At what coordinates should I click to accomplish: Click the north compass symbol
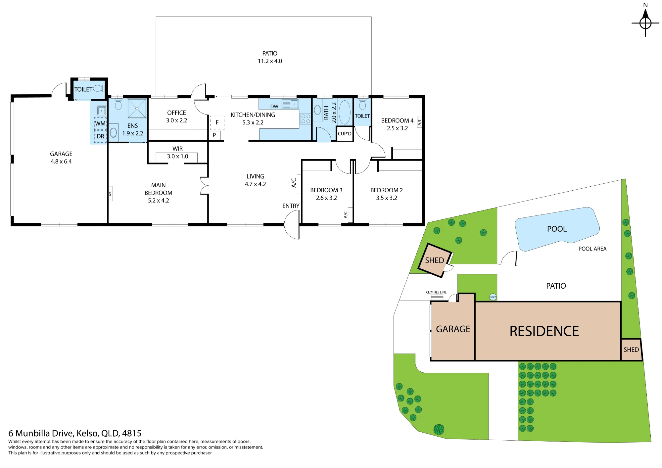pos(645,23)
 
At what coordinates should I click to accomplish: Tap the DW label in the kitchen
pos(274,107)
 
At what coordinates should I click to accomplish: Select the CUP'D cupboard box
pos(345,134)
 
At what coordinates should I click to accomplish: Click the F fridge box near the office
pos(217,122)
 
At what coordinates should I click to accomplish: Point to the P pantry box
pos(214,135)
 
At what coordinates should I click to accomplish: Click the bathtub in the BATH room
pos(345,112)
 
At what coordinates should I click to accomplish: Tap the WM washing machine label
pos(100,123)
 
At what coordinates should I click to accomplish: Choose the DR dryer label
pos(100,136)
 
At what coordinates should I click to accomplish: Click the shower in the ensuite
pos(137,108)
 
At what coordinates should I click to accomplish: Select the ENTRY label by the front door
pos(291,206)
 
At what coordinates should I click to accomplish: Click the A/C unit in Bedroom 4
pos(419,122)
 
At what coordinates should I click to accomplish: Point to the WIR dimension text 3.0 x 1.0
pos(177,156)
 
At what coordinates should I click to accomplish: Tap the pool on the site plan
pos(557,229)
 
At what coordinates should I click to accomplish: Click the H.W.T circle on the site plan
pos(493,297)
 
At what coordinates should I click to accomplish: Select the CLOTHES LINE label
pos(436,292)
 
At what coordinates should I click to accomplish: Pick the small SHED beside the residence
pos(631,350)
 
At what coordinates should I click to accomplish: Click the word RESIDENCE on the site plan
pos(544,331)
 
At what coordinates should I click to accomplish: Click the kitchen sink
pos(290,104)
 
